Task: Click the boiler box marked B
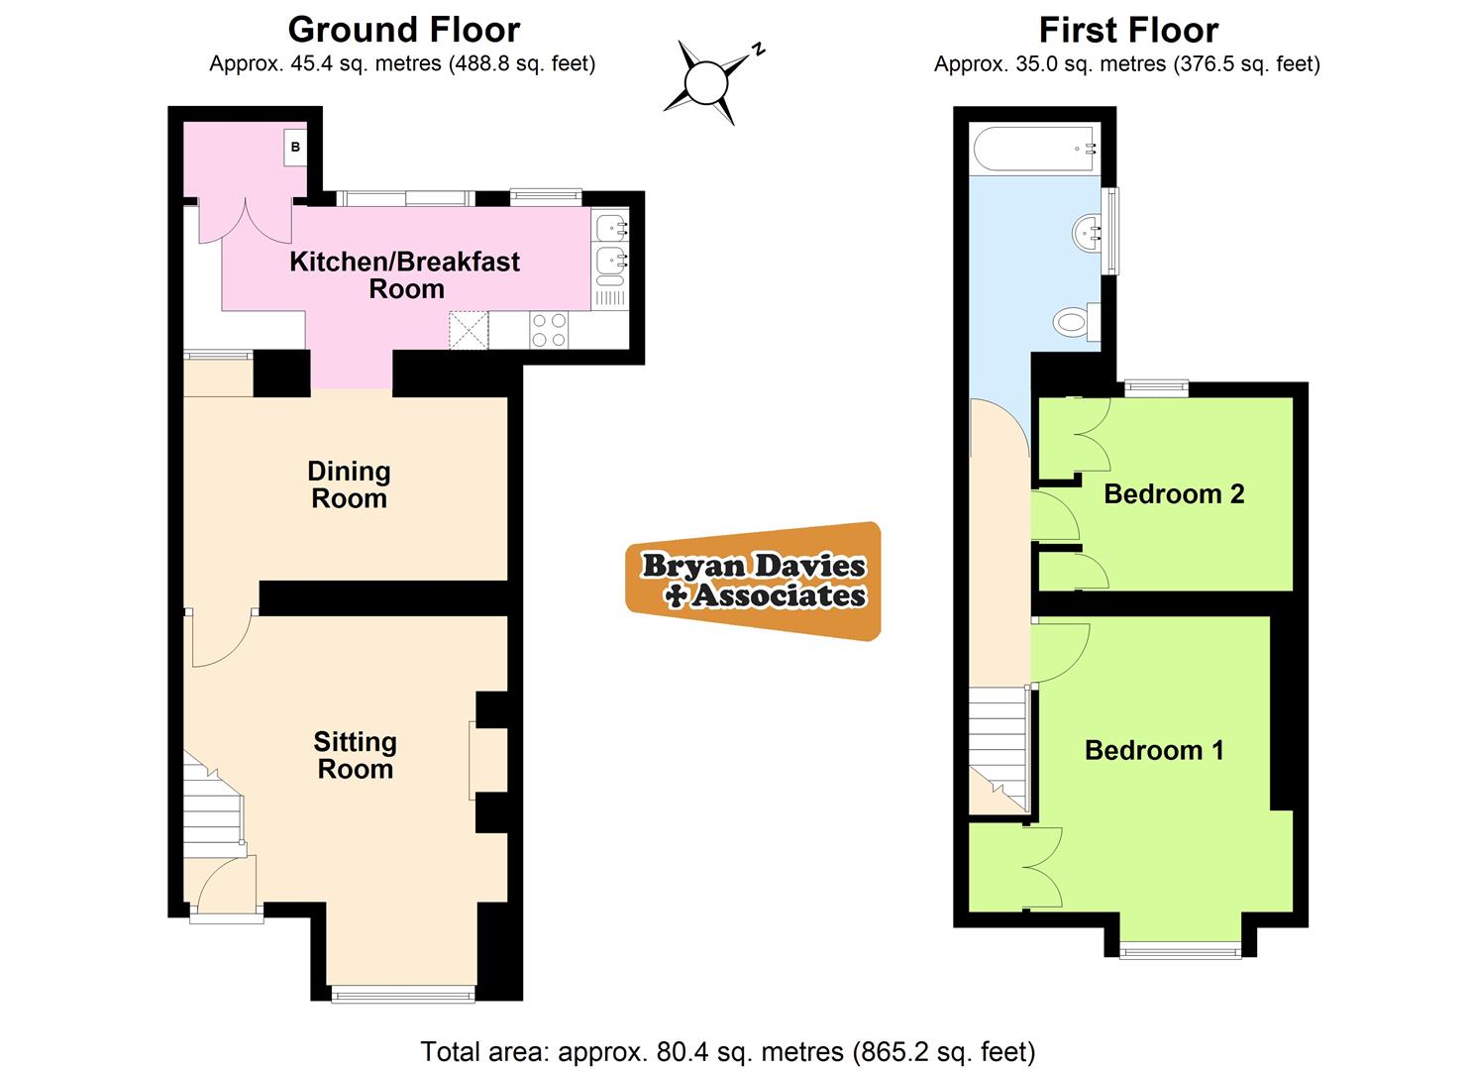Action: [x=294, y=148]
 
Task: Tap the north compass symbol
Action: [x=708, y=80]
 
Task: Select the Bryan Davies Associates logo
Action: [x=753, y=581]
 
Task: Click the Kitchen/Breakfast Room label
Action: [x=404, y=275]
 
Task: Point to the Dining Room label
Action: [x=349, y=484]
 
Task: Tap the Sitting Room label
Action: [x=355, y=755]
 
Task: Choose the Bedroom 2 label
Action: [x=1174, y=493]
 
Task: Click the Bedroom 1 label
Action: [x=1154, y=750]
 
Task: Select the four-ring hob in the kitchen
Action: [x=549, y=330]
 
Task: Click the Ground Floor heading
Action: [x=403, y=30]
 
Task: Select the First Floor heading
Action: [x=1127, y=30]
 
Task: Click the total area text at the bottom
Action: [x=728, y=1050]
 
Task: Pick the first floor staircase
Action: [x=998, y=748]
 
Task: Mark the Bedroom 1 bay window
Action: [x=1180, y=951]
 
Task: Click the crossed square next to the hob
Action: [x=469, y=330]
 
